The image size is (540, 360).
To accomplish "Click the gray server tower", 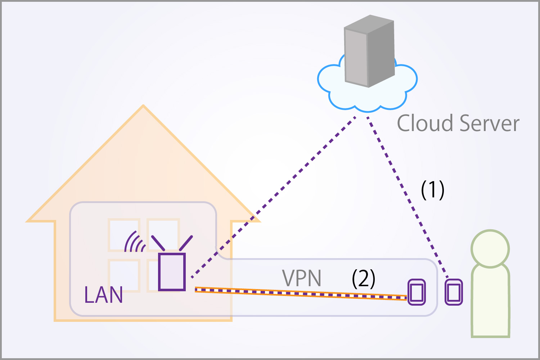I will pos(369,52).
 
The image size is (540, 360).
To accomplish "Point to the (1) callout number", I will pos(432,190).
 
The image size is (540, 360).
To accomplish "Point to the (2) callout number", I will pos(363,279).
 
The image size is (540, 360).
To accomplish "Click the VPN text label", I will pos(302,279).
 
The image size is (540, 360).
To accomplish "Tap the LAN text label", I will pos(104,295).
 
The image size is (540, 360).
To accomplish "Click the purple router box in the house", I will pos(172,272).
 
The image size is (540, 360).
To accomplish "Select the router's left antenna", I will pos(158,243).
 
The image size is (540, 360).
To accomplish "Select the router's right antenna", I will pos(186,243).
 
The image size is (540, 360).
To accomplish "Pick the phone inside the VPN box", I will pos(417,292).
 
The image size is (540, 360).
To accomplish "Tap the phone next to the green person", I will pos(454,292).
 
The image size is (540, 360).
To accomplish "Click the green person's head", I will pos(490,249).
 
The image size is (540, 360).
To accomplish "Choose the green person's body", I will pos(490,302).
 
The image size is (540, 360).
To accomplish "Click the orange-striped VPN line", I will pos(301,293).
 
